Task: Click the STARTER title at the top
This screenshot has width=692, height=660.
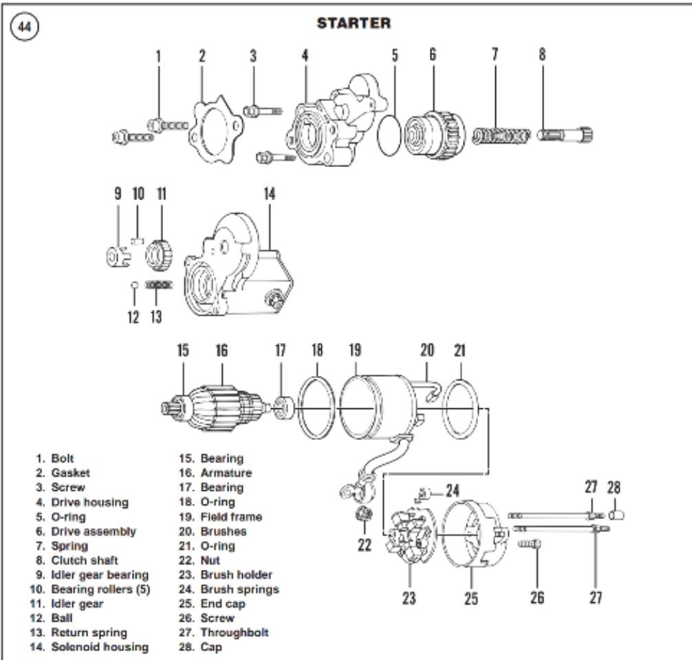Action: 354,23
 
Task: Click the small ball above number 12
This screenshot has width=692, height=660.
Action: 136,284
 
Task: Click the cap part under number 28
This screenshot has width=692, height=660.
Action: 616,514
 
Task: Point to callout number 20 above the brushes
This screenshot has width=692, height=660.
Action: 427,349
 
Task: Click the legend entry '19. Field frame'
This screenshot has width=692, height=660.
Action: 222,516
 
